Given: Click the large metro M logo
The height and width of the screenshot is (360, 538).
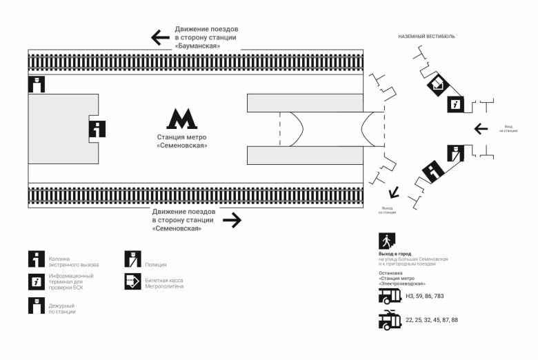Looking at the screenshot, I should (182, 119).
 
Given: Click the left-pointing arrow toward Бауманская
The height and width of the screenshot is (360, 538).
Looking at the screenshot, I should (160, 37).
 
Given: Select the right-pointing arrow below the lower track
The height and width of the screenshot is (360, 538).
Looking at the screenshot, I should (232, 220).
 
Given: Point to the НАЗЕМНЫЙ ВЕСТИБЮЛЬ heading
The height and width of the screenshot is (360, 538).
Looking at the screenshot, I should (426, 36).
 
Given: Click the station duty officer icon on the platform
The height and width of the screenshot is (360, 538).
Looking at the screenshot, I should (37, 85).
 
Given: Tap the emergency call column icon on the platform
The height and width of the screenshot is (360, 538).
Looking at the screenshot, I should (97, 128).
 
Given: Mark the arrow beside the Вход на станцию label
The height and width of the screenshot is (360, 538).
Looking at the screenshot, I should (481, 128).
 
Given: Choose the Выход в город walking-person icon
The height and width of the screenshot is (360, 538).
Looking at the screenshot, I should (386, 241).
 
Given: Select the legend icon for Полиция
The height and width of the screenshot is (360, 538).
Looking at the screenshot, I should (132, 259).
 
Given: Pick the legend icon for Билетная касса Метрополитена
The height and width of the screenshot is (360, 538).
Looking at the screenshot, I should (132, 281).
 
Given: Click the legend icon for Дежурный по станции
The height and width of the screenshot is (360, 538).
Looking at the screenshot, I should (37, 306).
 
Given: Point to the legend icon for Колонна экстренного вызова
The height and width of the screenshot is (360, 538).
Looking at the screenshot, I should (37, 259).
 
